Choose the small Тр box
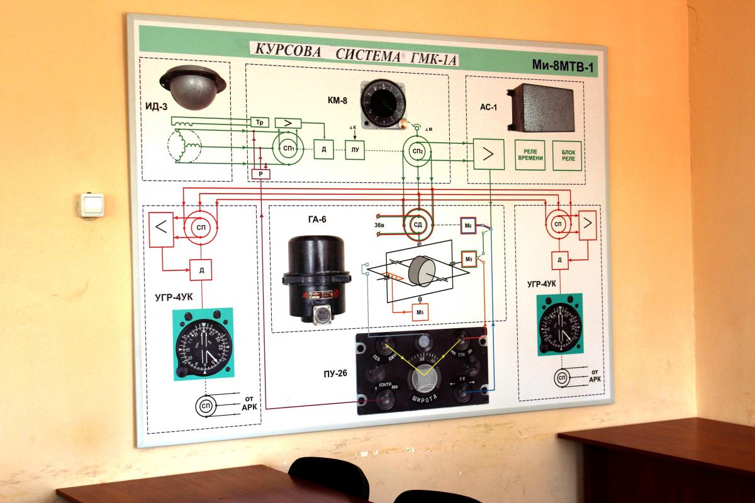pyautogui.click(x=259, y=121)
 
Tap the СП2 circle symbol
pyautogui.click(x=417, y=151)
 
